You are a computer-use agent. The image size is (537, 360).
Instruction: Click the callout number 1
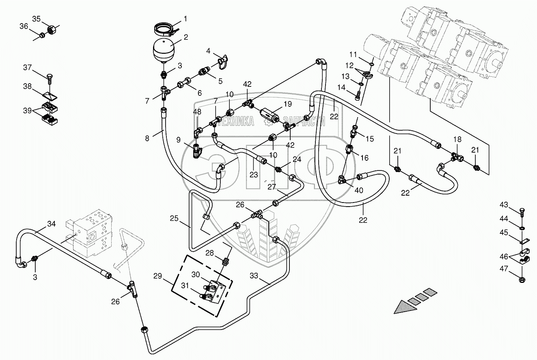[x=185, y=19]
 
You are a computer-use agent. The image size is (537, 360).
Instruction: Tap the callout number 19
[x=288, y=104]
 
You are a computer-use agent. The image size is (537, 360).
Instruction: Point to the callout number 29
[x=157, y=276]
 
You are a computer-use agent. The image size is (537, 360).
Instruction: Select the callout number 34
[x=51, y=224]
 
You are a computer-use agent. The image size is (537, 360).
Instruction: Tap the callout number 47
[x=504, y=268]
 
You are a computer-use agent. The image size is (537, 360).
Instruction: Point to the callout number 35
[x=37, y=19]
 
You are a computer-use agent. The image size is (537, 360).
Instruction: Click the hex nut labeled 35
[x=51, y=30]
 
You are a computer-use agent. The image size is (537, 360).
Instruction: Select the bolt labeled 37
[x=50, y=79]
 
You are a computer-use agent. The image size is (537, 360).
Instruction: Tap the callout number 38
[x=27, y=86]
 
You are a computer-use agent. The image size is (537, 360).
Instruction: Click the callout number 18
[x=457, y=139]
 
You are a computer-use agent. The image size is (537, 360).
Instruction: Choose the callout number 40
[x=359, y=190]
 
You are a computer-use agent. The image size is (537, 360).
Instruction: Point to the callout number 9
[x=178, y=140]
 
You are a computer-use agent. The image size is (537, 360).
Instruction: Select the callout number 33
[x=254, y=276]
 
